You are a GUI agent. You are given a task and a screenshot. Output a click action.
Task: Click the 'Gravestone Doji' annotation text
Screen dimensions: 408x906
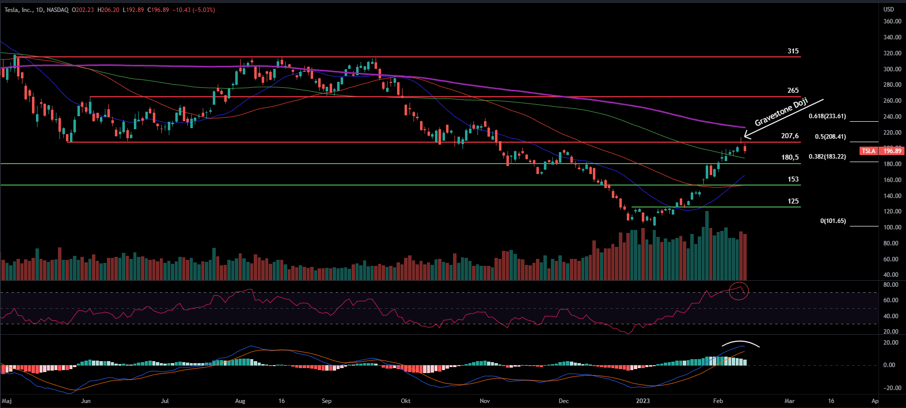[781, 112]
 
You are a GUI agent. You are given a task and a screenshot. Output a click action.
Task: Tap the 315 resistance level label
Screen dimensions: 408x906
[793, 51]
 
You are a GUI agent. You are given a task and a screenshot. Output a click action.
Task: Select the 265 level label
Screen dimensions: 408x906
[793, 91]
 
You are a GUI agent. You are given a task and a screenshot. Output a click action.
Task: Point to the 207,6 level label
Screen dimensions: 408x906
[790, 136]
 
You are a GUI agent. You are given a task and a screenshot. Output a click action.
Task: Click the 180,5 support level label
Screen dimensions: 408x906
[790, 158]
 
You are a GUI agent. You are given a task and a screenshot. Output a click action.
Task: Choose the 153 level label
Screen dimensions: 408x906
[793, 180]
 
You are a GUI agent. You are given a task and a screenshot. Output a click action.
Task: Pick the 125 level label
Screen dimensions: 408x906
[793, 202]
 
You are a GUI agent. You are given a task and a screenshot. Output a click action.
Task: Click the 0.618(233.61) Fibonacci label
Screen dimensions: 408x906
[827, 116]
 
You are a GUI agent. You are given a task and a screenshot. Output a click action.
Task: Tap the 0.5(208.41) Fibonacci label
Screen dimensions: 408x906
[830, 137]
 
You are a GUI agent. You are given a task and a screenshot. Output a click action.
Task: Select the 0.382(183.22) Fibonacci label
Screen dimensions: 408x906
[827, 157]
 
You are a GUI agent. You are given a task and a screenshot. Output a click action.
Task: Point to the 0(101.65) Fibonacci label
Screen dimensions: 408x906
[833, 221]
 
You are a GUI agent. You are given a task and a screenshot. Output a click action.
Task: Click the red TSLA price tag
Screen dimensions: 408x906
[869, 151]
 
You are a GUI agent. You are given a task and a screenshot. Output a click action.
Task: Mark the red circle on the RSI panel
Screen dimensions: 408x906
[739, 291]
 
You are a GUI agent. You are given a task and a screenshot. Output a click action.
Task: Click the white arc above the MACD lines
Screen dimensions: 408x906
[741, 343]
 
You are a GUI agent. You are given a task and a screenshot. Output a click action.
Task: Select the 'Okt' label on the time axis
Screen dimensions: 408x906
[406, 401]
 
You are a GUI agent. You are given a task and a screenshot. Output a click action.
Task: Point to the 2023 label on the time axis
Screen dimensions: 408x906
[643, 401]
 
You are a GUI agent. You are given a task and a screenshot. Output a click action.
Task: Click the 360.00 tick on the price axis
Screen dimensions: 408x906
[892, 21]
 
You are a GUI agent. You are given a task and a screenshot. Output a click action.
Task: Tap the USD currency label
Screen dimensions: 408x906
[889, 9]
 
